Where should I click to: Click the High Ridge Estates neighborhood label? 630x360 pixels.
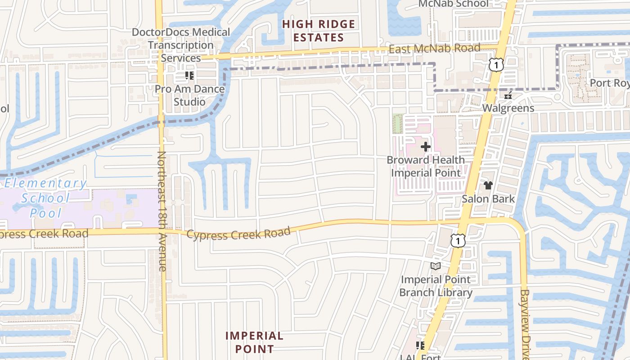[319, 31]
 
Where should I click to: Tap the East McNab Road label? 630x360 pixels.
[434, 48]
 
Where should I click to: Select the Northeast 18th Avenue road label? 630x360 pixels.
[162, 211]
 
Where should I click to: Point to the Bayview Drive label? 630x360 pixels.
[525, 324]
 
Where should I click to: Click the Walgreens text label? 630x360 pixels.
[508, 108]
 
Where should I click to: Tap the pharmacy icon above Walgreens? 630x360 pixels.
[508, 95]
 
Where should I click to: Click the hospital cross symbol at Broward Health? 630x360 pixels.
[426, 147]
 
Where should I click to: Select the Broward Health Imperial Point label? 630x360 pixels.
[426, 166]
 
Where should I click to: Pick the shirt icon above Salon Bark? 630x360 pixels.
[488, 185]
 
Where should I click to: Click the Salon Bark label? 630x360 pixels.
[488, 198]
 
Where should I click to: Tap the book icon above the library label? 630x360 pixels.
[435, 266]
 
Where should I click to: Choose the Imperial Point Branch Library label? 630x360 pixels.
[436, 286]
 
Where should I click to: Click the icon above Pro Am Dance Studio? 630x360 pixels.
[189, 76]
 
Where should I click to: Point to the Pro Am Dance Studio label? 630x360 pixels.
[189, 95]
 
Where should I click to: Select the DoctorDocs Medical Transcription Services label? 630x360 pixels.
[181, 45]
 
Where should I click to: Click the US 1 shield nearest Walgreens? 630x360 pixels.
[496, 65]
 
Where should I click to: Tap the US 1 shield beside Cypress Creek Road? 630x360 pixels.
[457, 241]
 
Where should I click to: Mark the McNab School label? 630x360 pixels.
[453, 4]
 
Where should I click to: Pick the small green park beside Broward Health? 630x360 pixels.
[397, 124]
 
